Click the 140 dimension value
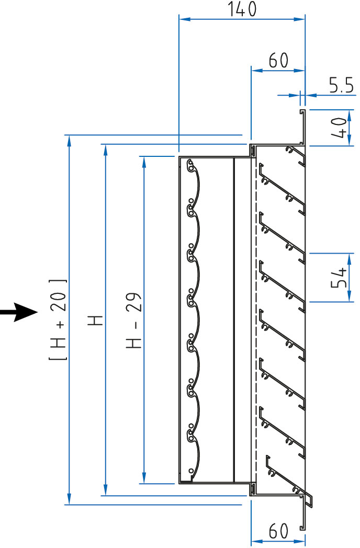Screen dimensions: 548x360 [242, 9]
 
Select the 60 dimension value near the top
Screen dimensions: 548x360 [278, 60]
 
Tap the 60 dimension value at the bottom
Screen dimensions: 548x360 [278, 532]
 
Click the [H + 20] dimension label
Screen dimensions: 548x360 [59, 319]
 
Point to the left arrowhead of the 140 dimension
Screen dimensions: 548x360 [183, 20]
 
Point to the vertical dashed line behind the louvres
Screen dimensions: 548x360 [257, 314]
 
